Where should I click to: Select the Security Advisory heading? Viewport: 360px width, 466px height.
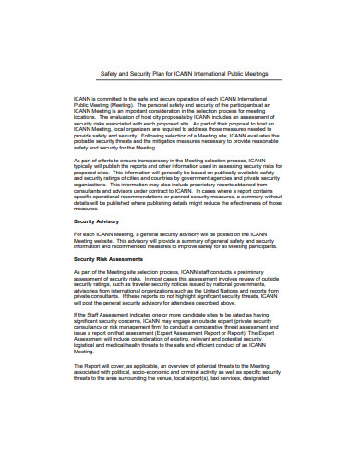(102, 222)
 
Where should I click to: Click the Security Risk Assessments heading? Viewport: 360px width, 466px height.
(114, 259)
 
